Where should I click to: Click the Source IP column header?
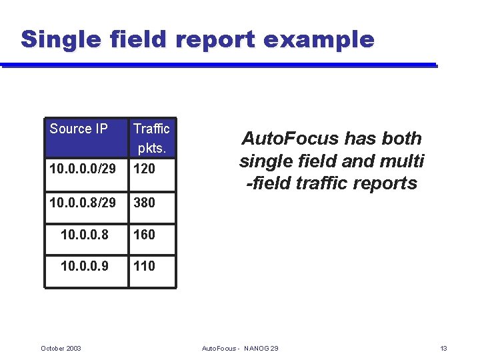[79, 129]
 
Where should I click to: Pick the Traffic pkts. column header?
[151, 137]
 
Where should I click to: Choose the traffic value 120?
[144, 169]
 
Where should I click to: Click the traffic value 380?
[144, 202]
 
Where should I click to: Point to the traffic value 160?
[144, 234]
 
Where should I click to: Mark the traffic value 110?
[144, 266]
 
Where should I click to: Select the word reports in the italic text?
[384, 183]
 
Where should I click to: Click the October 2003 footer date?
[61, 348]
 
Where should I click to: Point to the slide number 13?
[443, 348]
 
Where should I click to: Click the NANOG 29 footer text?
[261, 348]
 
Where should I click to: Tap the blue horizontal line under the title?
[220, 65]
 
